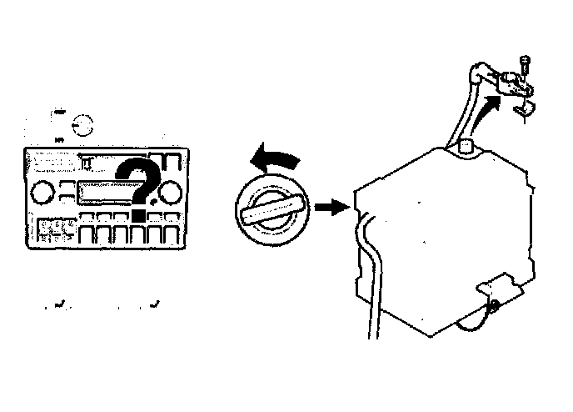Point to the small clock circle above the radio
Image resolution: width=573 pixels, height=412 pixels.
tap(83, 127)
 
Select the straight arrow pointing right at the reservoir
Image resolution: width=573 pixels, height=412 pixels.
tap(332, 207)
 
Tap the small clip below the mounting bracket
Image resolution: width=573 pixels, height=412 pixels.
tap(525, 109)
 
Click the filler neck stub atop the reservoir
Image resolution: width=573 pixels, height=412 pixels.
tap(467, 147)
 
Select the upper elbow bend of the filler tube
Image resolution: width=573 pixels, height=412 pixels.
tap(477, 73)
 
